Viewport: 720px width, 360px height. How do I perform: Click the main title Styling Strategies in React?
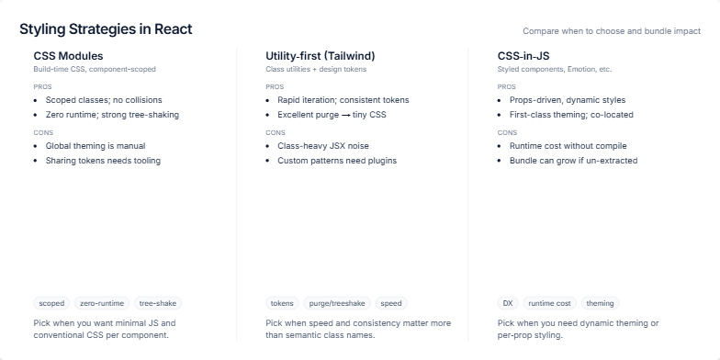pos(106,29)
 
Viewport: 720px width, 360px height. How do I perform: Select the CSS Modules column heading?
pos(68,56)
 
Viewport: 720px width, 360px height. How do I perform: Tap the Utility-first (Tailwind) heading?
pos(320,56)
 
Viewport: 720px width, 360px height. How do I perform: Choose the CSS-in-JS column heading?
pos(523,56)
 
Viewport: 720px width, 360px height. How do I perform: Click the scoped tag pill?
pos(51,303)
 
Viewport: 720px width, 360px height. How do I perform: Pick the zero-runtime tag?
pos(102,303)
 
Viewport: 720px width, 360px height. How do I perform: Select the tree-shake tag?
pos(157,303)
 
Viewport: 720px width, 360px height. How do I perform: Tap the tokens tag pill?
pos(282,303)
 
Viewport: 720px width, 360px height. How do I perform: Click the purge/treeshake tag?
pos(336,303)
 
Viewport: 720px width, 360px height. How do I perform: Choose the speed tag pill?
pos(390,303)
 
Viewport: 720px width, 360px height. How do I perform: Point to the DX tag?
pos(508,303)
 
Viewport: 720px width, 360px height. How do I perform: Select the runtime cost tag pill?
pos(549,303)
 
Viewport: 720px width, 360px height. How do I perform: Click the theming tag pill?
pos(600,303)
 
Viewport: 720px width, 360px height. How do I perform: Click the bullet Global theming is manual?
pos(96,146)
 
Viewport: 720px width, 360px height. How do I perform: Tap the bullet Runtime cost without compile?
pos(569,146)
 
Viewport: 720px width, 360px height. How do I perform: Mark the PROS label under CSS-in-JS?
pos(506,86)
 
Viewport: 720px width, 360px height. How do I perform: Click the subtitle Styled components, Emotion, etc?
pos(554,69)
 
